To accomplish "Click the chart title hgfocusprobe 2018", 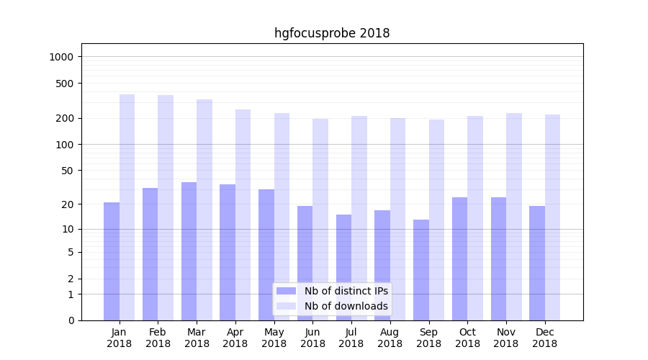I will (332, 33).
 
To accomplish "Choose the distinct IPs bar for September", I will (421, 269).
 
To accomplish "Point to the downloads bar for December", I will (552, 217).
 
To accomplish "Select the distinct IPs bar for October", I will (459, 258).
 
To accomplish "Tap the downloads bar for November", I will (514, 216).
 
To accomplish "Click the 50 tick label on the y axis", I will (68, 171).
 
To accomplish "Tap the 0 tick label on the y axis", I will (71, 320).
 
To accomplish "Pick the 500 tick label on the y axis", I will (66, 84).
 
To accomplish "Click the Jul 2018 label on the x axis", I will (351, 338).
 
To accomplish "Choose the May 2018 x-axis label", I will (274, 338).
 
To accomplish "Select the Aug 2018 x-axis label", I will (390, 338).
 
